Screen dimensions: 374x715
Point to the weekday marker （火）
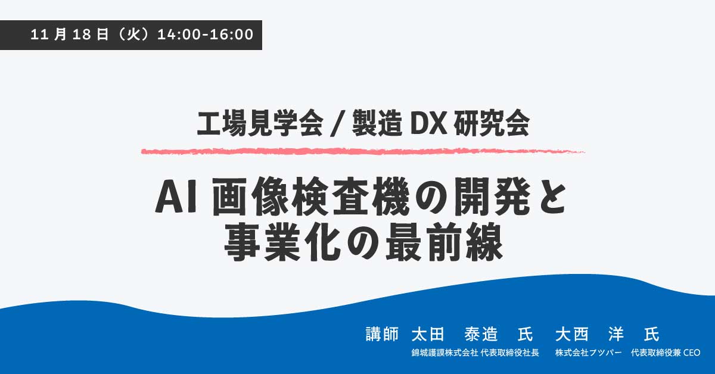[x=133, y=35]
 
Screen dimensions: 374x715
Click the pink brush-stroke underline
[x=362, y=151]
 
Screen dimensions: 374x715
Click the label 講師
[x=381, y=333]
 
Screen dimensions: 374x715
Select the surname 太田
[x=428, y=333]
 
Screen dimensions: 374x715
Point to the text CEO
[x=691, y=353]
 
